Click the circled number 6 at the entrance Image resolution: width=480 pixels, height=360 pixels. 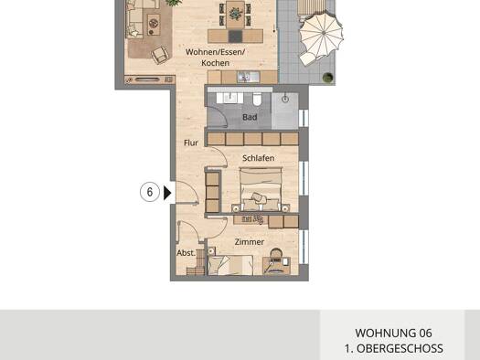coord(149,193)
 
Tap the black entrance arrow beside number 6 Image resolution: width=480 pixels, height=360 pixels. coord(166,193)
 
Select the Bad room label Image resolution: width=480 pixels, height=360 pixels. coord(250,117)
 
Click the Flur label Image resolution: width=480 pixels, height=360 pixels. coord(190,143)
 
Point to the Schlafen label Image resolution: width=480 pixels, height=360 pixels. coord(258,158)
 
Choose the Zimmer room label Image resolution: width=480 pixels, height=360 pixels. coord(249,242)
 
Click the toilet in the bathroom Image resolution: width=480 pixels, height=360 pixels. coord(258,99)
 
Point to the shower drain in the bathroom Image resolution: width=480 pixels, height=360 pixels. coord(285,98)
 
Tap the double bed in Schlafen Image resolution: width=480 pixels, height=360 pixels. coord(261,195)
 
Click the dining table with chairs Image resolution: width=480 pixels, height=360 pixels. coord(236,15)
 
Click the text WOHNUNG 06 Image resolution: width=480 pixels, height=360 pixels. coord(393,334)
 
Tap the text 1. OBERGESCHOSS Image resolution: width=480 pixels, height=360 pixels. coord(393,348)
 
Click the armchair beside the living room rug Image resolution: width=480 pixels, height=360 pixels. coord(160,55)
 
